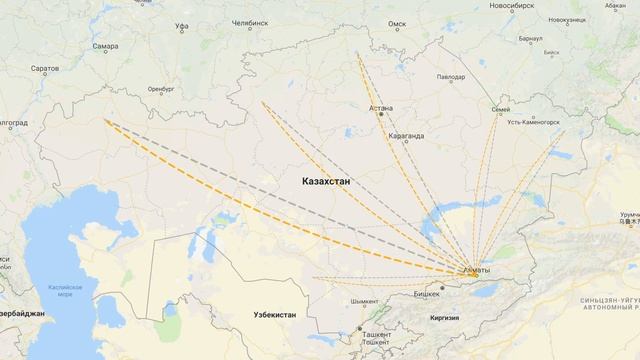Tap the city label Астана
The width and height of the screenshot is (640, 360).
(380, 105)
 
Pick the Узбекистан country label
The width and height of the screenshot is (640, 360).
(261, 315)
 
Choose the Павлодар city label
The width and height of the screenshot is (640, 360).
(446, 77)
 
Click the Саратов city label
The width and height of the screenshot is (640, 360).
(44, 70)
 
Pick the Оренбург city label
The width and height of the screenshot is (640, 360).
(161, 88)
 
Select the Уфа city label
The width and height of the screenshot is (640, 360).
(180, 26)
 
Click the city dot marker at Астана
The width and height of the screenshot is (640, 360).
(380, 114)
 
